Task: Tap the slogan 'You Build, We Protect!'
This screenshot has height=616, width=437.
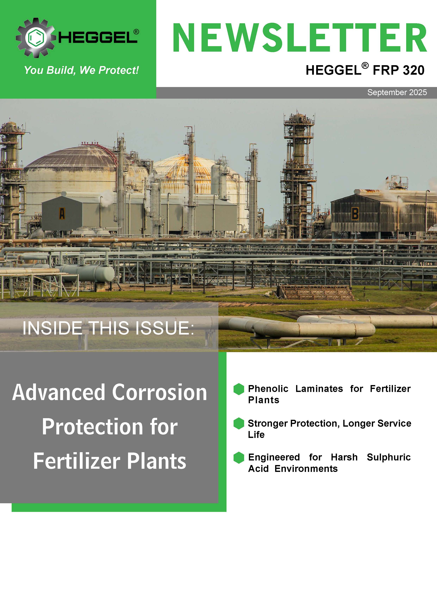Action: click(81, 70)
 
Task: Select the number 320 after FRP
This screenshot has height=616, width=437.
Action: click(414, 70)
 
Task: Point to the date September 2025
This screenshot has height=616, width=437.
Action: click(397, 92)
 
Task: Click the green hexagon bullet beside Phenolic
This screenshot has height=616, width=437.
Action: click(239, 389)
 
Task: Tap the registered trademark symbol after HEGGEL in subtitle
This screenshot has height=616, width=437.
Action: click(365, 65)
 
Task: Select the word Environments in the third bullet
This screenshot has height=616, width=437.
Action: click(306, 469)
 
